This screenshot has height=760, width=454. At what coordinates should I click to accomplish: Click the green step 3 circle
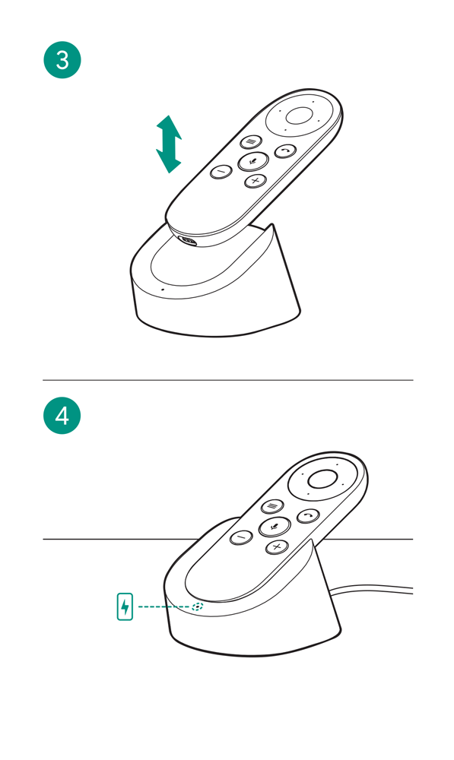tap(62, 60)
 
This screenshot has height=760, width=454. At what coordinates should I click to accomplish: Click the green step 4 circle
tap(62, 416)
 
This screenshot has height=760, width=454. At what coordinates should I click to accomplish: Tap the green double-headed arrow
tap(169, 144)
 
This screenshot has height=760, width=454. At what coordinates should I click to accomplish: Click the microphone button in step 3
tap(253, 161)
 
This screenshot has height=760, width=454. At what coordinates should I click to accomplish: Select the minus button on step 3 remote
tap(221, 171)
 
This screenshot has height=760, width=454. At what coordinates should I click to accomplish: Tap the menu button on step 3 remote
tap(251, 141)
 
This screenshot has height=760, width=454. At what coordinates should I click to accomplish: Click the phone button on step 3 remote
tap(285, 152)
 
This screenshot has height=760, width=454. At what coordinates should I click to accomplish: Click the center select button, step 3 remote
tap(299, 116)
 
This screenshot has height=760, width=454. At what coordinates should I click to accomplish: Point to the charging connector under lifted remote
tap(188, 241)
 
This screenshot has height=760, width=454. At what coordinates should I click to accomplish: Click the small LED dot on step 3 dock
tap(162, 290)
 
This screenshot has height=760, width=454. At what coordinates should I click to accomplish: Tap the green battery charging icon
tap(125, 606)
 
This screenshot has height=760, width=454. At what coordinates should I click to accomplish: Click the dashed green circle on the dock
tap(198, 606)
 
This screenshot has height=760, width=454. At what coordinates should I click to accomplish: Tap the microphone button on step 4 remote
tap(275, 527)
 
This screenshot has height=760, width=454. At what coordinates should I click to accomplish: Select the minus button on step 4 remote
tap(242, 537)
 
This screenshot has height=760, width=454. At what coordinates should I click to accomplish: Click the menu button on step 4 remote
tap(272, 506)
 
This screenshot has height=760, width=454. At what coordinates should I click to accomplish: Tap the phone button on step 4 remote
tap(308, 516)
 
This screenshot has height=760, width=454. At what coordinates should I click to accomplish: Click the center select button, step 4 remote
tap(322, 479)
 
